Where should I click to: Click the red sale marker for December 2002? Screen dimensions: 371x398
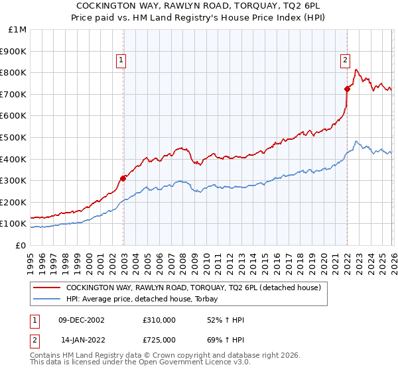(x=123, y=178)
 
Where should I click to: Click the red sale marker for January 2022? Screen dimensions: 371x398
(x=347, y=88)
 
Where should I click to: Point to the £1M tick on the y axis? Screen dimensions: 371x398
(x=18, y=30)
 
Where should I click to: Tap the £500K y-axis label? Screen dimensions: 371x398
(x=14, y=138)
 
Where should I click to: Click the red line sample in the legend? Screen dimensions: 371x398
(x=46, y=288)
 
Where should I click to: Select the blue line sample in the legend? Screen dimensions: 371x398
(x=46, y=299)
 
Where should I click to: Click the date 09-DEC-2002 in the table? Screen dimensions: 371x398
(x=82, y=320)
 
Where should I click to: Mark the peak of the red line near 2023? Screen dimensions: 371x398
(x=356, y=70)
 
